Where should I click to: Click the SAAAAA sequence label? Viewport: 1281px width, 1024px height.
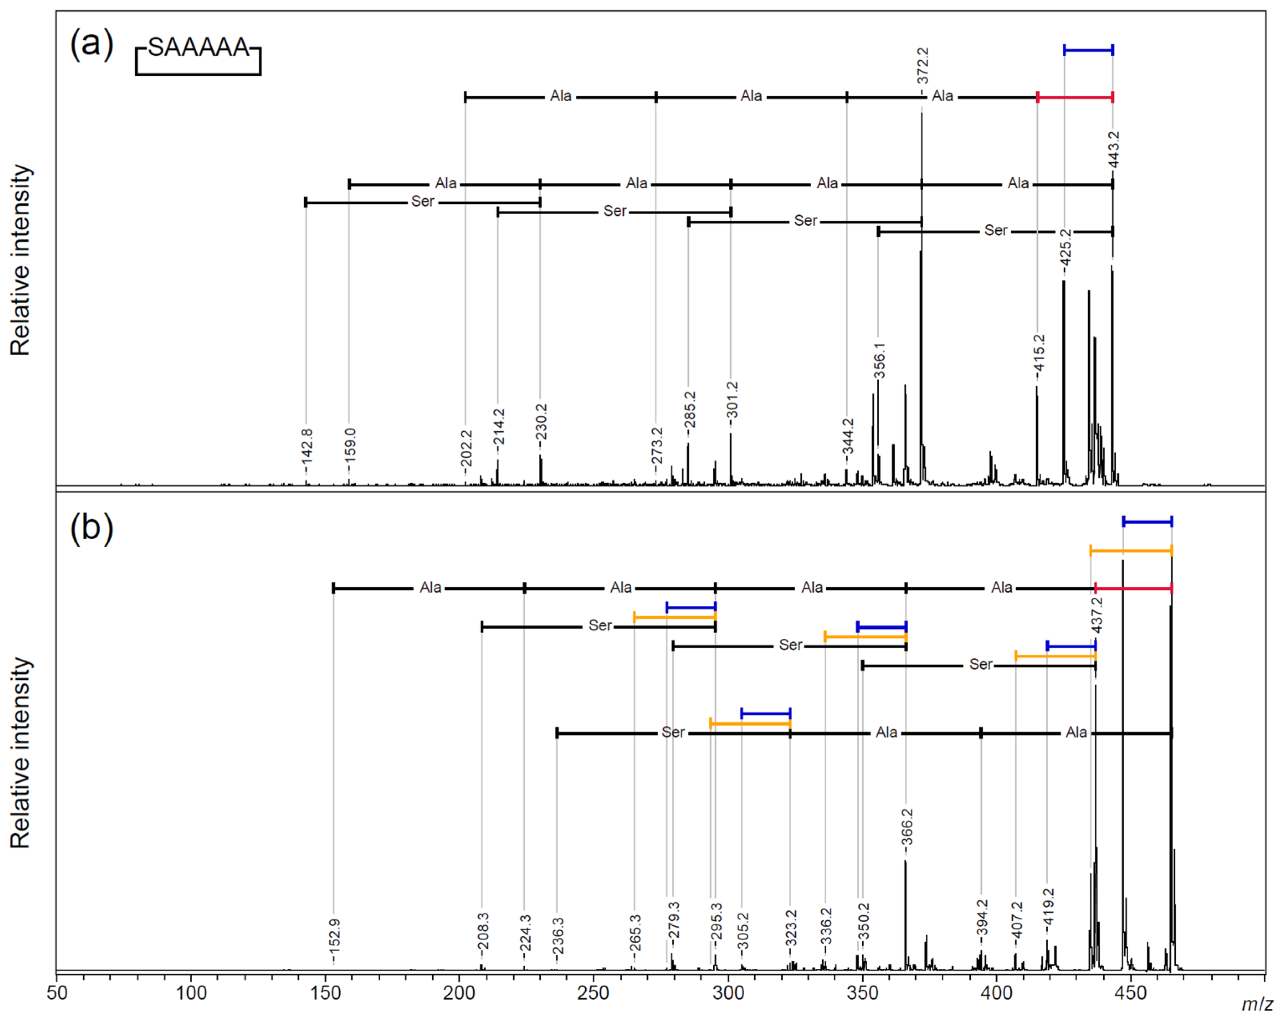[198, 48]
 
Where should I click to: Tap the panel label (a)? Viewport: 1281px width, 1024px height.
[92, 44]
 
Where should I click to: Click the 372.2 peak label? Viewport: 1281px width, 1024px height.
[922, 66]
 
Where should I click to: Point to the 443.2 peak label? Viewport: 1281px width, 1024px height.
[1113, 150]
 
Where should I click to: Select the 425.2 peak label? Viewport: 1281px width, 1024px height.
[1065, 248]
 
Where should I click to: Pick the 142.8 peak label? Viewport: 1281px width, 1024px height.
[307, 447]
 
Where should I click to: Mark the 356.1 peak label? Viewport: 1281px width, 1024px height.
[879, 361]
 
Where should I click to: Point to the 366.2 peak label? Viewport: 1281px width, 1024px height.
[907, 827]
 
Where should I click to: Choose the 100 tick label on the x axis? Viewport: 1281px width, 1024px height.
[191, 993]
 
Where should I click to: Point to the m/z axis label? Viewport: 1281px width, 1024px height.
[1257, 1004]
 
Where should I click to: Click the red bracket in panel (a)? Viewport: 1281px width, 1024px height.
[1075, 97]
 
